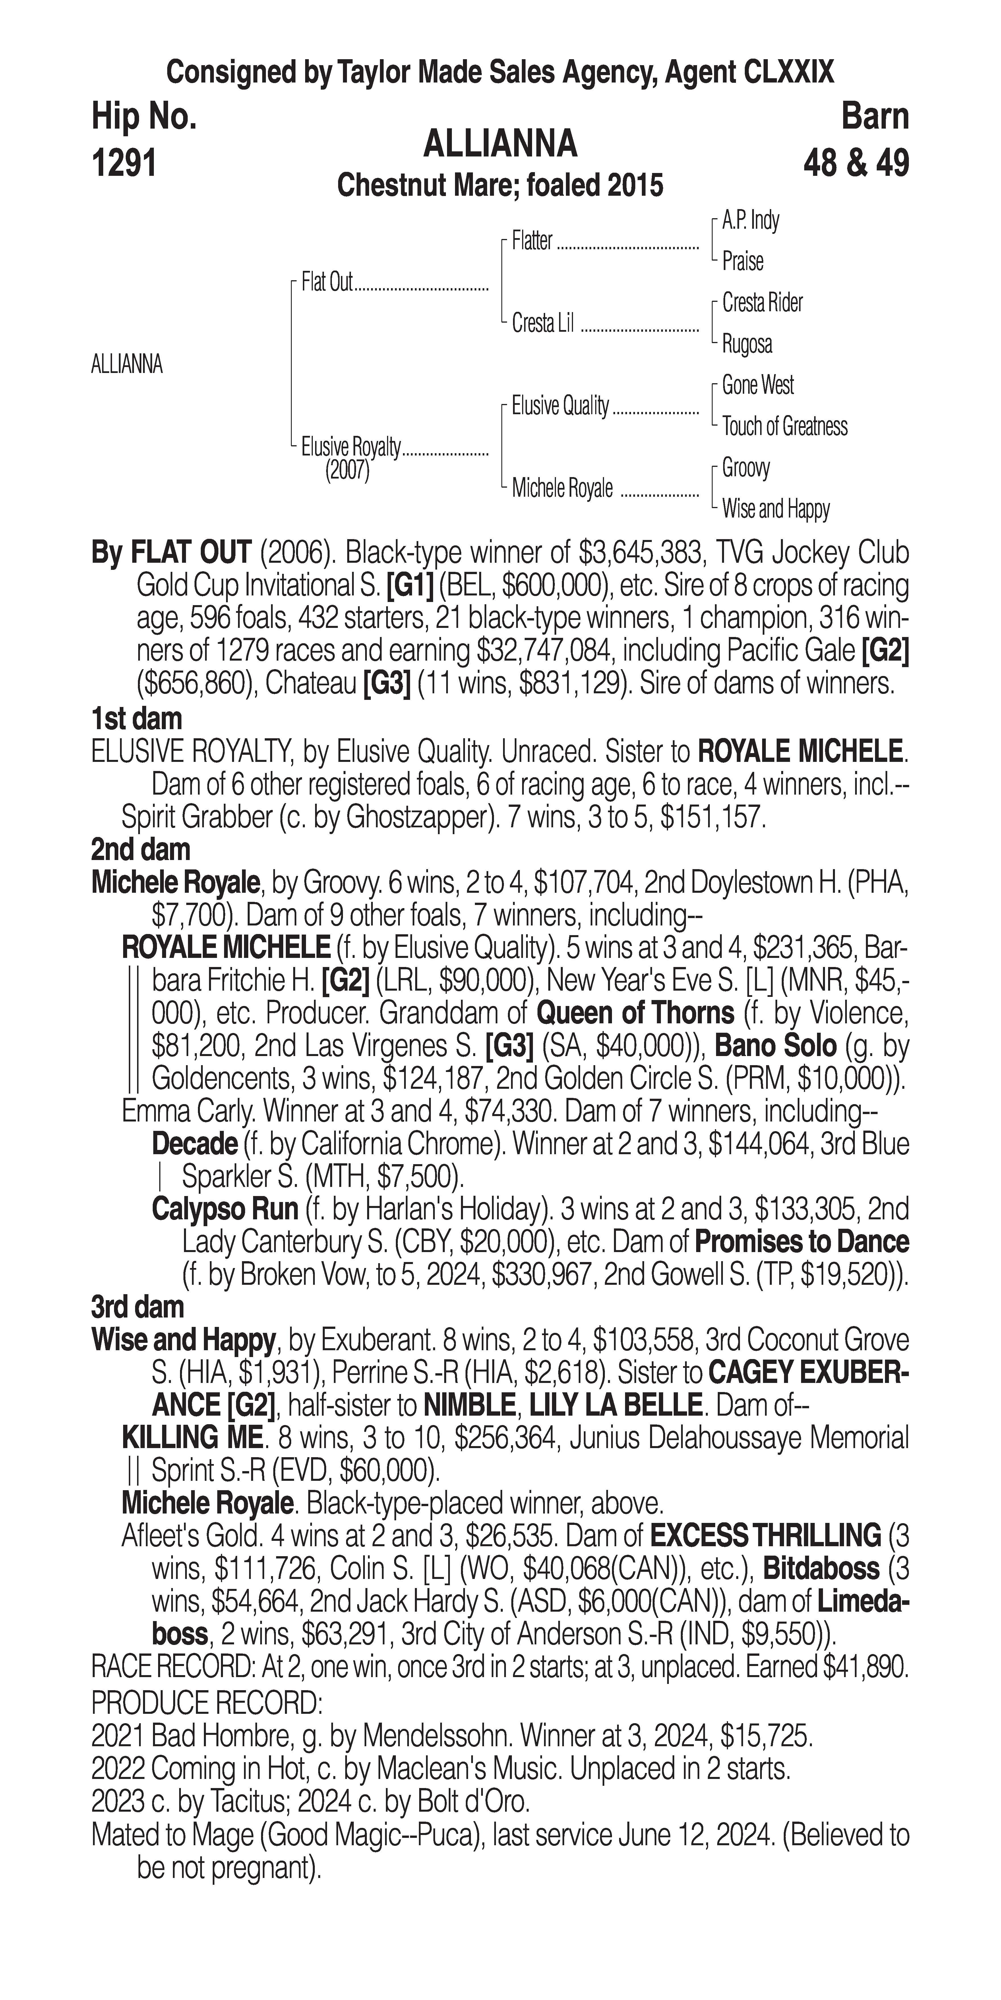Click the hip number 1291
tap(124, 163)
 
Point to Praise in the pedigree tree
tap(743, 262)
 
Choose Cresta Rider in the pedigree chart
tap(762, 303)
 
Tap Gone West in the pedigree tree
tap(757, 385)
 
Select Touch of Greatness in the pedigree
tap(785, 426)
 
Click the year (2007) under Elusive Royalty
tap(347, 471)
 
